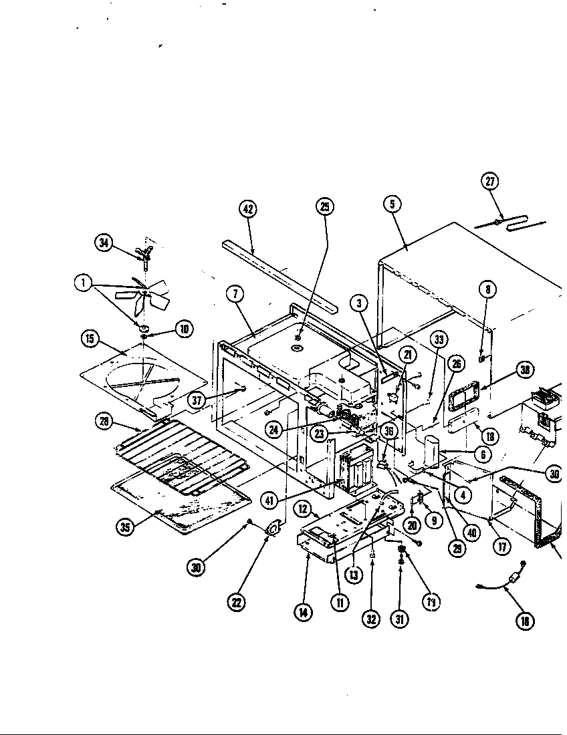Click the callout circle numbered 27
[x=490, y=180]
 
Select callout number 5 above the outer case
[x=392, y=204]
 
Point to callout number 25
[x=325, y=206]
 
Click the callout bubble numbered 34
[x=104, y=243]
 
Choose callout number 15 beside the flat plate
[x=90, y=338]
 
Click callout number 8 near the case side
[x=488, y=289]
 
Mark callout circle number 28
[x=104, y=420]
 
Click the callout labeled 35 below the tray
[x=125, y=527]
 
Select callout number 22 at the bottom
[x=236, y=602]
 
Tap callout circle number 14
[x=304, y=613]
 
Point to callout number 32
[x=371, y=619]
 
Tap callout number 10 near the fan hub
[x=183, y=328]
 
